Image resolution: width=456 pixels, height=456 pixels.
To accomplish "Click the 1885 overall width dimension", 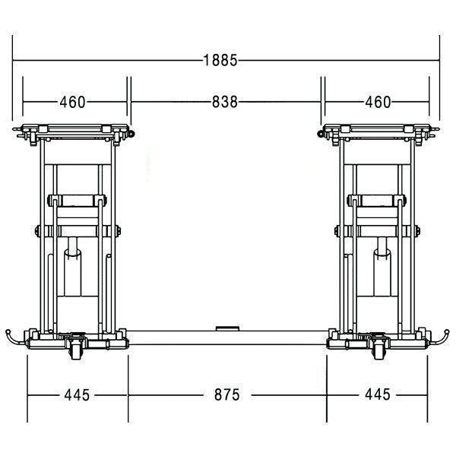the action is coord(220,61).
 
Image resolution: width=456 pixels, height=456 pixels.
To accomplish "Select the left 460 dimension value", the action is coord(72,102).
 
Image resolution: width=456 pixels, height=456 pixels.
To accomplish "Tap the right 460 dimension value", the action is coord(378,102).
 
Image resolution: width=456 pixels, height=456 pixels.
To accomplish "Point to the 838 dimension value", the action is coord(225,102).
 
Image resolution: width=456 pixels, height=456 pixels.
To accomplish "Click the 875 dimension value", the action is coord(227,395).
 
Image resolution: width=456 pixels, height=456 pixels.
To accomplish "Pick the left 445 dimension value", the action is coord(77,395).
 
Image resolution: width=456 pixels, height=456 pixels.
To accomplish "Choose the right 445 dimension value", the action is coord(378,394).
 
